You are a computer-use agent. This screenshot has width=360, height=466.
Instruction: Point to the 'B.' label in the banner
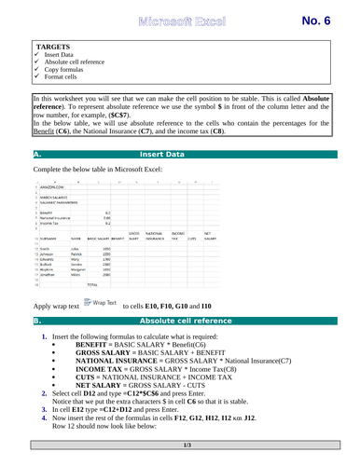pyautogui.click(x=36, y=346)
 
